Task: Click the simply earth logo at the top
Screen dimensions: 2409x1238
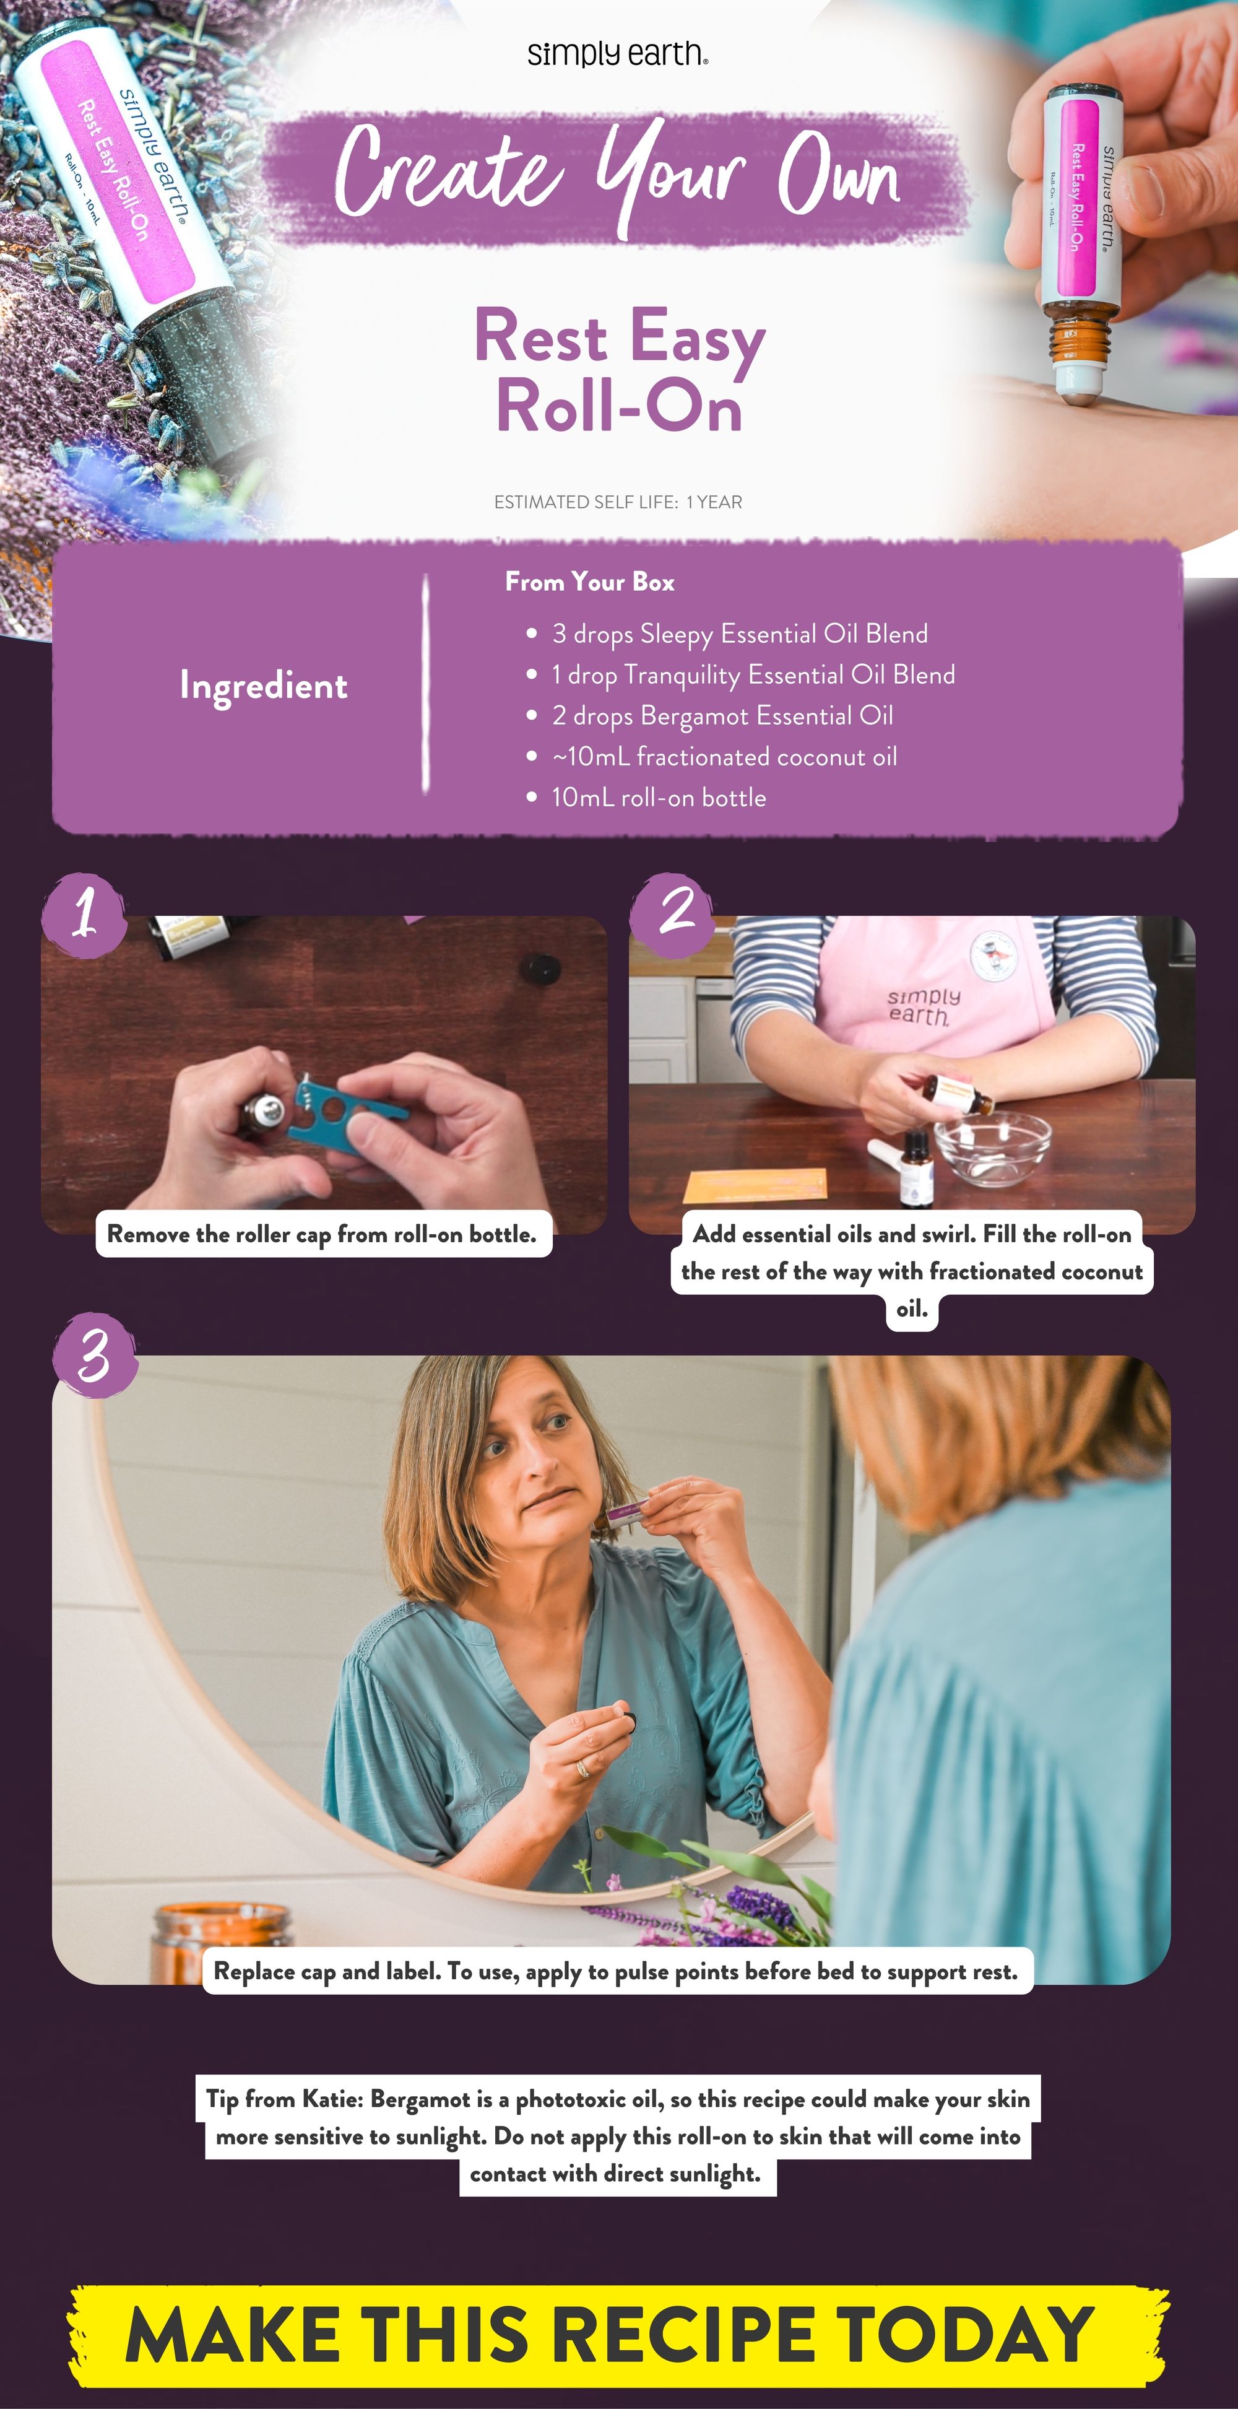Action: coord(617,54)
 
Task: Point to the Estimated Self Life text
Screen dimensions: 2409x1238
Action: coord(617,502)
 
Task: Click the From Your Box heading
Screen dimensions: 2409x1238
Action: coord(589,582)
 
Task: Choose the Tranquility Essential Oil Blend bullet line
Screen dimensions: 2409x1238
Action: coord(753,675)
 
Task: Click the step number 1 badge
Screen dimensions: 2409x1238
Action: coord(84,913)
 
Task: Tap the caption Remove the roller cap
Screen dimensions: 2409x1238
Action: coord(322,1234)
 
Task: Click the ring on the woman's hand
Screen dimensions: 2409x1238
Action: coord(582,1767)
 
